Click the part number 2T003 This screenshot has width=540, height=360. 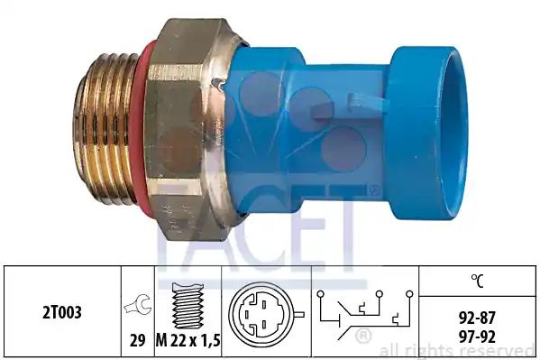tap(62, 312)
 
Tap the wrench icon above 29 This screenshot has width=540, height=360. tap(137, 304)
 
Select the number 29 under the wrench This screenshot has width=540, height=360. tap(137, 341)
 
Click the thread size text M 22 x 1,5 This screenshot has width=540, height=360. tap(188, 341)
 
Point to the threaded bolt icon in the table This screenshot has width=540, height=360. tap(188, 306)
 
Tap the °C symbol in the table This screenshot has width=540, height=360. tap(477, 281)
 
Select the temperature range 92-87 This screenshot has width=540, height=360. tap(477, 318)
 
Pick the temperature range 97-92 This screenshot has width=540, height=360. tap(477, 336)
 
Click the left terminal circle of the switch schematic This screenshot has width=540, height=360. tap(320, 294)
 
